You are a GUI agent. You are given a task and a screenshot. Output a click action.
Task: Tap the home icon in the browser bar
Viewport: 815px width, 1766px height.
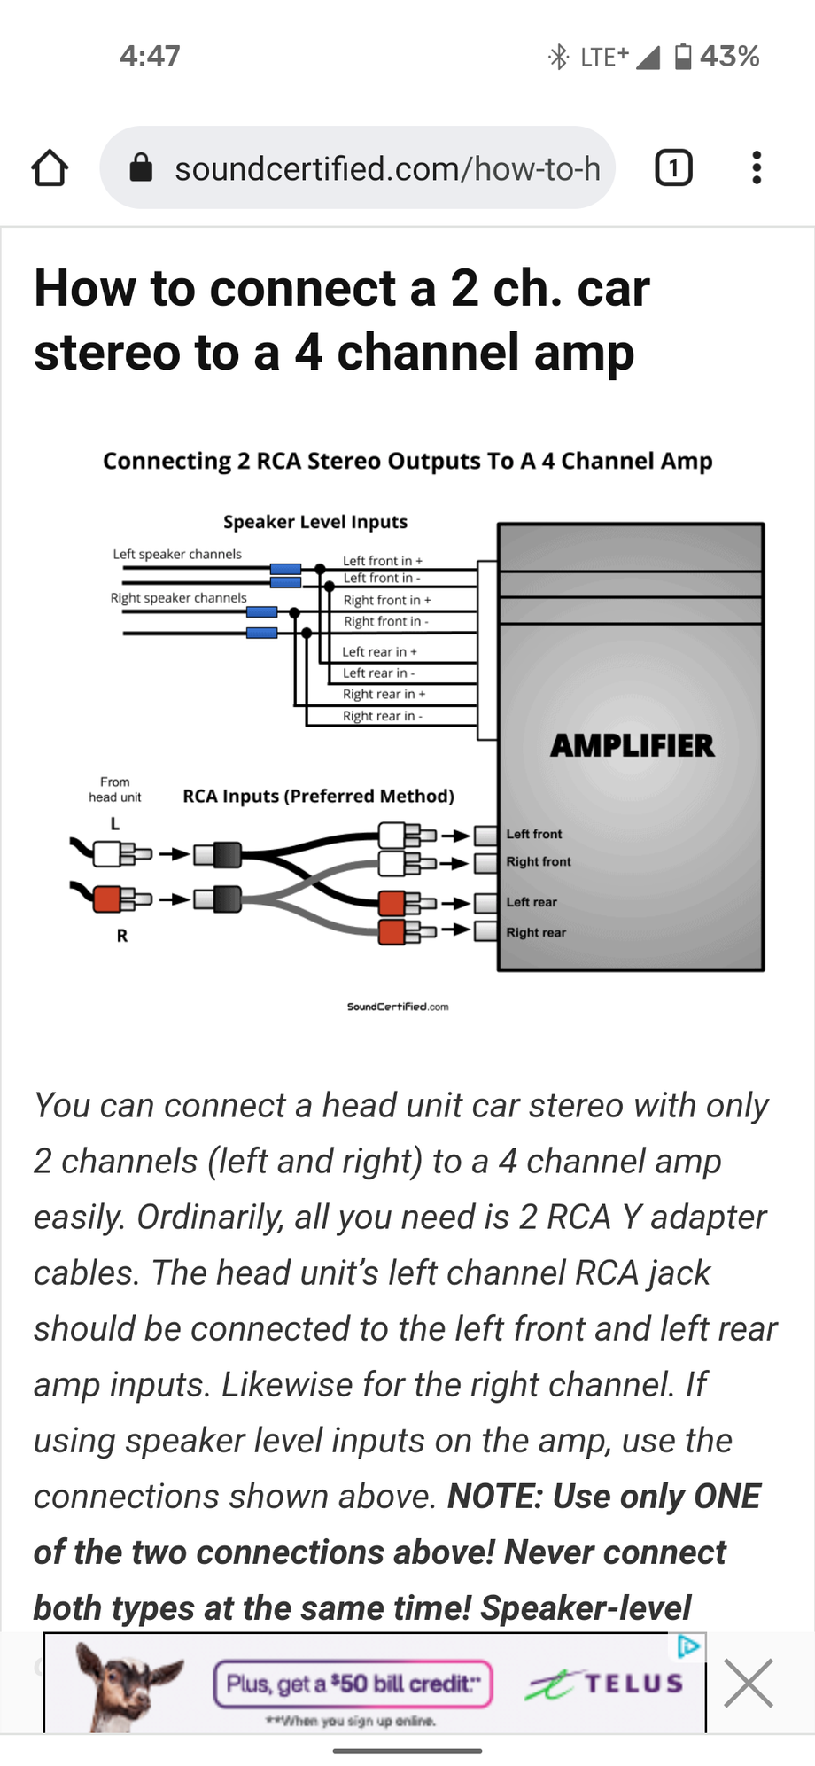tap(50, 167)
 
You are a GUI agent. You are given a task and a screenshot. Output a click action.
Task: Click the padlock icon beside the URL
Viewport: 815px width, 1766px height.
tap(141, 167)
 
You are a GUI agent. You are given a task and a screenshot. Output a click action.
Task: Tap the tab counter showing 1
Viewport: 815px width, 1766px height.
tap(673, 167)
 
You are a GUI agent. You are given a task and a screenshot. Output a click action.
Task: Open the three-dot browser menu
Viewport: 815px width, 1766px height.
tap(757, 167)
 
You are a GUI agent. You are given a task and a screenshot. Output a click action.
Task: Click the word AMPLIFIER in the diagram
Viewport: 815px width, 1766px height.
tap(633, 745)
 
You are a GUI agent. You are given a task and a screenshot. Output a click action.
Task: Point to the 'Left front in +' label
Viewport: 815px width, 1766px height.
tap(383, 561)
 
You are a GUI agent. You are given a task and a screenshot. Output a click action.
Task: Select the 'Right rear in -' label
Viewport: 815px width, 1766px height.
tap(383, 716)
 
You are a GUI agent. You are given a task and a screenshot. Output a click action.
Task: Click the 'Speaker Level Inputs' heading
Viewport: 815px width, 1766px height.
tap(315, 522)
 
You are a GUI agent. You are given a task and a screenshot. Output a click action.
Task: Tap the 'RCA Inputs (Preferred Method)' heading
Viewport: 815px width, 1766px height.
tap(318, 796)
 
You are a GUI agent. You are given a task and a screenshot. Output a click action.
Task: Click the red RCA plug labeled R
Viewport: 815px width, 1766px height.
tap(107, 899)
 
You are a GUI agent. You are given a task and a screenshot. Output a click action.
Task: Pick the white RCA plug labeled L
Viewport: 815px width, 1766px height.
tap(107, 853)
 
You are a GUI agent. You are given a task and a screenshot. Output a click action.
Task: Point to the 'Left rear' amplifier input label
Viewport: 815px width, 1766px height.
tap(532, 902)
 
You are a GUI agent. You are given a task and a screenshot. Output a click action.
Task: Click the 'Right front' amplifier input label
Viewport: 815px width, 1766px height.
tap(539, 861)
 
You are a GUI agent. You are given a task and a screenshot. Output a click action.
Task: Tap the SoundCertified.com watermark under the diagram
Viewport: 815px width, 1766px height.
tap(398, 1007)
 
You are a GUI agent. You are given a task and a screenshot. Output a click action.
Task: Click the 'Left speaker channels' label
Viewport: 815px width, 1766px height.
tap(177, 554)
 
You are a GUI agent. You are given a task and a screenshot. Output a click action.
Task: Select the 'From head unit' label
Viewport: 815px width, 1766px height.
tap(115, 790)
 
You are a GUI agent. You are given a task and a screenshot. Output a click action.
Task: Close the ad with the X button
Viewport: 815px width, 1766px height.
tap(749, 1683)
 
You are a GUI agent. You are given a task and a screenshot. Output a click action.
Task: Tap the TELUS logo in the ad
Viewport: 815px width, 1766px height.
tap(604, 1684)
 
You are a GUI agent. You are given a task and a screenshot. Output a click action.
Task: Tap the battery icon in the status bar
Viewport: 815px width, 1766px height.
tap(683, 57)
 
